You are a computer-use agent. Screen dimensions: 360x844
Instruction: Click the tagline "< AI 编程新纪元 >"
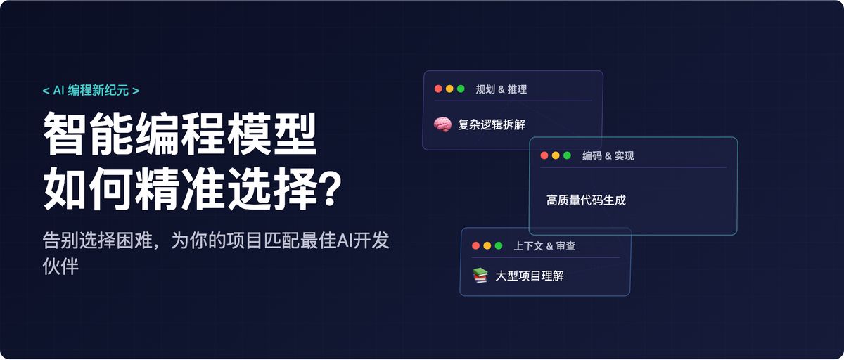point(91,90)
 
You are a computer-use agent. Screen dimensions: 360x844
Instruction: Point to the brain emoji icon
point(442,124)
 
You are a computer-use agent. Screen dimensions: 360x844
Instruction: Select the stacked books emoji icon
point(480,276)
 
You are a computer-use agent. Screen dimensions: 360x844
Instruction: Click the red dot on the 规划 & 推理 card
point(438,89)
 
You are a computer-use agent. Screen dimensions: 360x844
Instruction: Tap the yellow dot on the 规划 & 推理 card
point(449,89)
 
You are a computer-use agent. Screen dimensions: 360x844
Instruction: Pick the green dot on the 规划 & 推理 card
point(461,89)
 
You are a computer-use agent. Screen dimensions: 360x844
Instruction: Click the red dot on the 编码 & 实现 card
point(544,155)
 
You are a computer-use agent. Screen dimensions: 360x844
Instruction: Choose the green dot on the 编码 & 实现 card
point(567,155)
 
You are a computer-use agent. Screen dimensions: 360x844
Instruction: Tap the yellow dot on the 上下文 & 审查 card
point(487,246)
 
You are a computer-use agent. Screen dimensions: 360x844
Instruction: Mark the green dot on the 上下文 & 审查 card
point(499,246)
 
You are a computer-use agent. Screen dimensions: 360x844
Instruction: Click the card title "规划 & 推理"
point(501,89)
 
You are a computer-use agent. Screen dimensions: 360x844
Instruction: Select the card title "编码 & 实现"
point(608,155)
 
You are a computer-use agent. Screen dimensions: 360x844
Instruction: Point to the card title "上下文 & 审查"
point(544,246)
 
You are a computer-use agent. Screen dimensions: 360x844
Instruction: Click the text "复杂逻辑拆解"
point(491,125)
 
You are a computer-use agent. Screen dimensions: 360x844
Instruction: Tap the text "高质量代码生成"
point(586,200)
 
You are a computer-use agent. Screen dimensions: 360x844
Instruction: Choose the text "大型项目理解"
point(529,276)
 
